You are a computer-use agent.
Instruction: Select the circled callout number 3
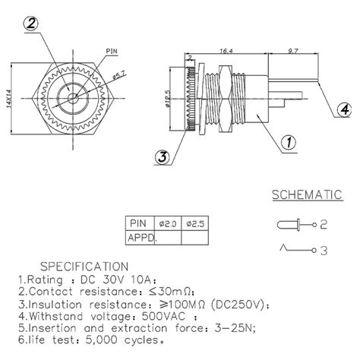coord(162,158)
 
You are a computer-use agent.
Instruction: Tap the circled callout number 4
coord(344,110)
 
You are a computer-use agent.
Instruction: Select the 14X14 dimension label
coord(7,97)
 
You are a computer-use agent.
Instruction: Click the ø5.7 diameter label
coord(119,74)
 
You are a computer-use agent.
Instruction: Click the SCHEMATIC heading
coord(305,196)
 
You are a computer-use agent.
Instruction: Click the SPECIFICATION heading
coord(84,266)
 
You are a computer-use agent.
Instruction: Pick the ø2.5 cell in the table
coord(194,223)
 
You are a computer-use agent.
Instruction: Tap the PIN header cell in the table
coord(137,223)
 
